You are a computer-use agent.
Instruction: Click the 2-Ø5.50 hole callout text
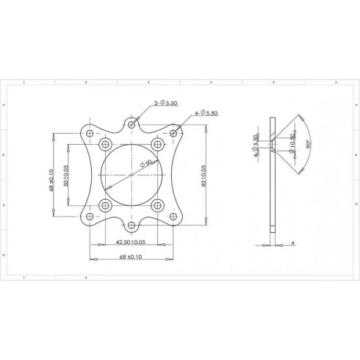167,105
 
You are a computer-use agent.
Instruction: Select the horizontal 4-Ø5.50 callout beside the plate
208,114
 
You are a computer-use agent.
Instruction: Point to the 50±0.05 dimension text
67,176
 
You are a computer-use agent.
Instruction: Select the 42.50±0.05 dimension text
130,241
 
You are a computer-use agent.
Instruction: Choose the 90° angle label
309,145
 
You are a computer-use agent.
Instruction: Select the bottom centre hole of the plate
131,225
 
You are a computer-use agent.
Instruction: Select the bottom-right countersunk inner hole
157,206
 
